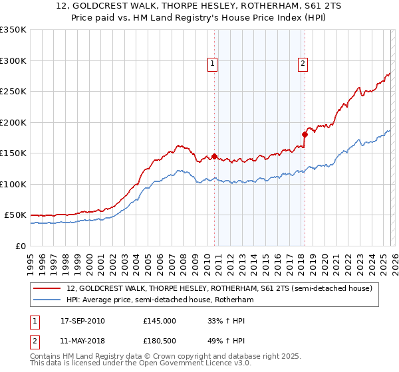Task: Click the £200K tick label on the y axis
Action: tap(13, 122)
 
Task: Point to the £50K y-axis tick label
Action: tap(15, 215)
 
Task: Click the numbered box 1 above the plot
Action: tap(213, 64)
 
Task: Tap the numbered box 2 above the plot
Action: tap(303, 64)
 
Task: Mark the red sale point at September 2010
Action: tap(214, 157)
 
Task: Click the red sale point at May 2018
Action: tap(305, 135)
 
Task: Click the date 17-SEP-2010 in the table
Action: tap(82, 320)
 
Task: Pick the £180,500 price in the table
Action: tap(160, 342)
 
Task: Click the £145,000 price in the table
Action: tap(160, 320)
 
